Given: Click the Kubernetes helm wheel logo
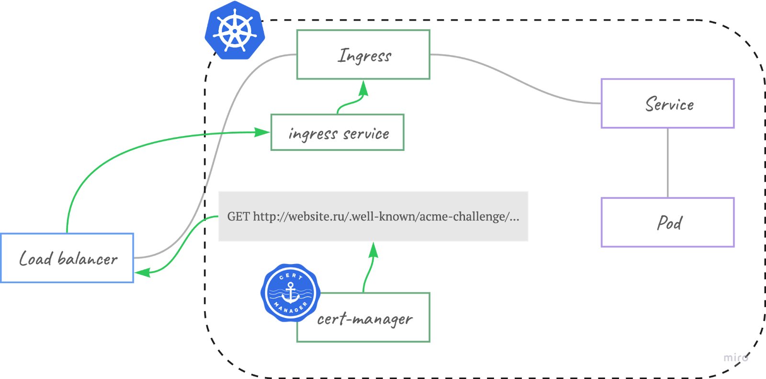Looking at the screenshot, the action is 235,30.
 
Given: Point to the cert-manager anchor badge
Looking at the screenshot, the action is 290,293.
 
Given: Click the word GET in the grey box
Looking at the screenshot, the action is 238,217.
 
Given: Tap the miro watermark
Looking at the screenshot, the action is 736,357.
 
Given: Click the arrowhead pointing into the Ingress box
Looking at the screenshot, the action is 363,88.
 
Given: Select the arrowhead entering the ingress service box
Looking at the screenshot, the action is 262,132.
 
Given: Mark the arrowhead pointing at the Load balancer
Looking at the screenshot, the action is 143,273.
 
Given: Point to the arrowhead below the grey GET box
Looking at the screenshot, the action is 373,250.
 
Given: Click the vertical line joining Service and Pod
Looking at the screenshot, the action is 667,163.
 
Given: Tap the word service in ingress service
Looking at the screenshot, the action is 366,134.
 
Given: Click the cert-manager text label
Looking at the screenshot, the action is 365,320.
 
